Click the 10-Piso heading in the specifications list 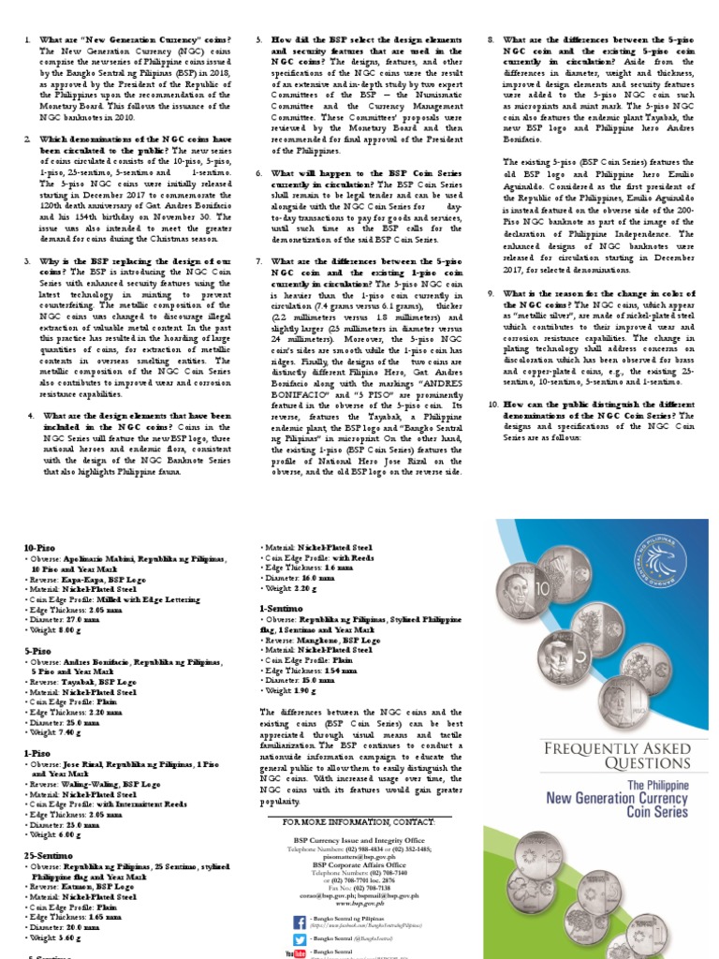pyautogui.click(x=38, y=547)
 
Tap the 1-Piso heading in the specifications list pyautogui.click(x=36, y=752)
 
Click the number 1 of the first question pyautogui.click(x=28, y=39)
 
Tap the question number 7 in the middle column pyautogui.click(x=259, y=261)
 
